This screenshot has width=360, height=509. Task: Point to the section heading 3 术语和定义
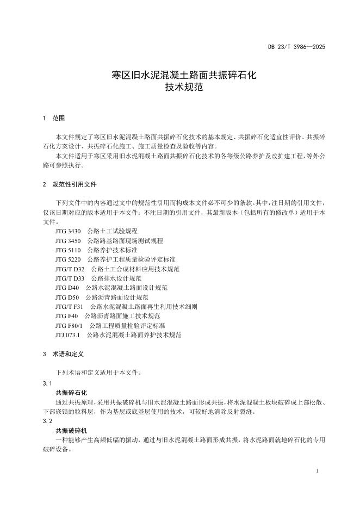(x=63, y=354)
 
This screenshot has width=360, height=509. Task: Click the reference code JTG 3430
(x=67, y=231)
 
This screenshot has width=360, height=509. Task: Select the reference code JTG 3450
(x=67, y=240)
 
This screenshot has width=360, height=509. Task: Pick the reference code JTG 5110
(x=67, y=250)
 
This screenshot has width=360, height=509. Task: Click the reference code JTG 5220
(x=67, y=259)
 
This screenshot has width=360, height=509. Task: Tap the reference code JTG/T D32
(x=70, y=269)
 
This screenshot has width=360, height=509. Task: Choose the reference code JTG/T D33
(x=70, y=278)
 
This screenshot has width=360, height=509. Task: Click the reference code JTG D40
(x=67, y=288)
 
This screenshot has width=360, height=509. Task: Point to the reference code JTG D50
(x=67, y=297)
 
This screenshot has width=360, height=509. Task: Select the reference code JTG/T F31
(x=69, y=307)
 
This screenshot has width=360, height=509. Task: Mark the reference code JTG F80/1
(x=69, y=326)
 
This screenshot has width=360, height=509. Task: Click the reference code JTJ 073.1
(x=67, y=335)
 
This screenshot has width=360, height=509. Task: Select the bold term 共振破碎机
(x=71, y=430)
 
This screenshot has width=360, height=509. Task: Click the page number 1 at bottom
(x=316, y=470)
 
